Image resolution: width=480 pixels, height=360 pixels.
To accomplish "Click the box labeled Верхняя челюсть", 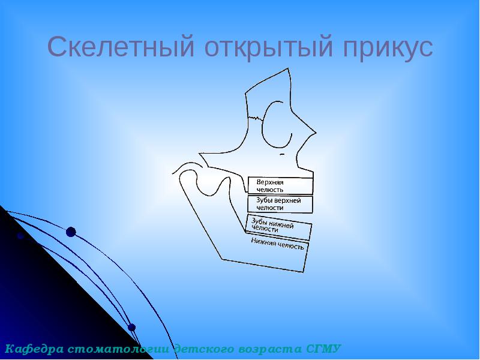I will [280, 185].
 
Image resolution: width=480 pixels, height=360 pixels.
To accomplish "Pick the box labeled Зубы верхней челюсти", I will [280, 204].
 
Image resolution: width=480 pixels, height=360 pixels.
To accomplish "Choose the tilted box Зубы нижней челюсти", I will [279, 227].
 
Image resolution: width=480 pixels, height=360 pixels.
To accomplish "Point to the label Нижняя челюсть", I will [278, 242].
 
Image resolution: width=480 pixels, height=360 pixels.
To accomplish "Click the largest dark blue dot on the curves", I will [71, 232].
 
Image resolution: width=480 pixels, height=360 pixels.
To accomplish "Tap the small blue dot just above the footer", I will [132, 328].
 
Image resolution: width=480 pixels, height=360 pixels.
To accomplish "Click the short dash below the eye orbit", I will [281, 154].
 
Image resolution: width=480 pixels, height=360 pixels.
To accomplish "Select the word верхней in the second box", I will [286, 200].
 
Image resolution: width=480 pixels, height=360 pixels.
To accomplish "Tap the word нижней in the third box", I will [281, 225].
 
